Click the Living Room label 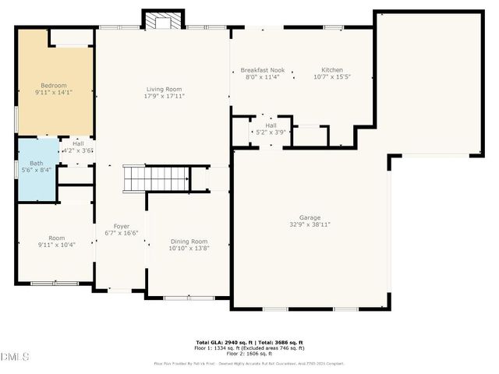coord(163,90)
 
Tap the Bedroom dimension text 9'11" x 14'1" coord(55,93)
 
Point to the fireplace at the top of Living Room coord(163,20)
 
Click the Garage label coord(310,217)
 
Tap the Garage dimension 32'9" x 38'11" coord(310,224)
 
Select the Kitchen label coord(333,69)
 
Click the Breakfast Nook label coord(261,69)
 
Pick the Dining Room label coord(189,241)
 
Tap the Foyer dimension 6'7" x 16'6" coord(121,232)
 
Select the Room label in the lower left coord(55,238)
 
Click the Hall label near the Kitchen coord(271,125)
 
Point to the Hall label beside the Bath coord(78,143)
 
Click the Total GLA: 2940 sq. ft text coord(221,341)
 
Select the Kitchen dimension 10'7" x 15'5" coord(333,76)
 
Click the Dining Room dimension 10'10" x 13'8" coord(189,248)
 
